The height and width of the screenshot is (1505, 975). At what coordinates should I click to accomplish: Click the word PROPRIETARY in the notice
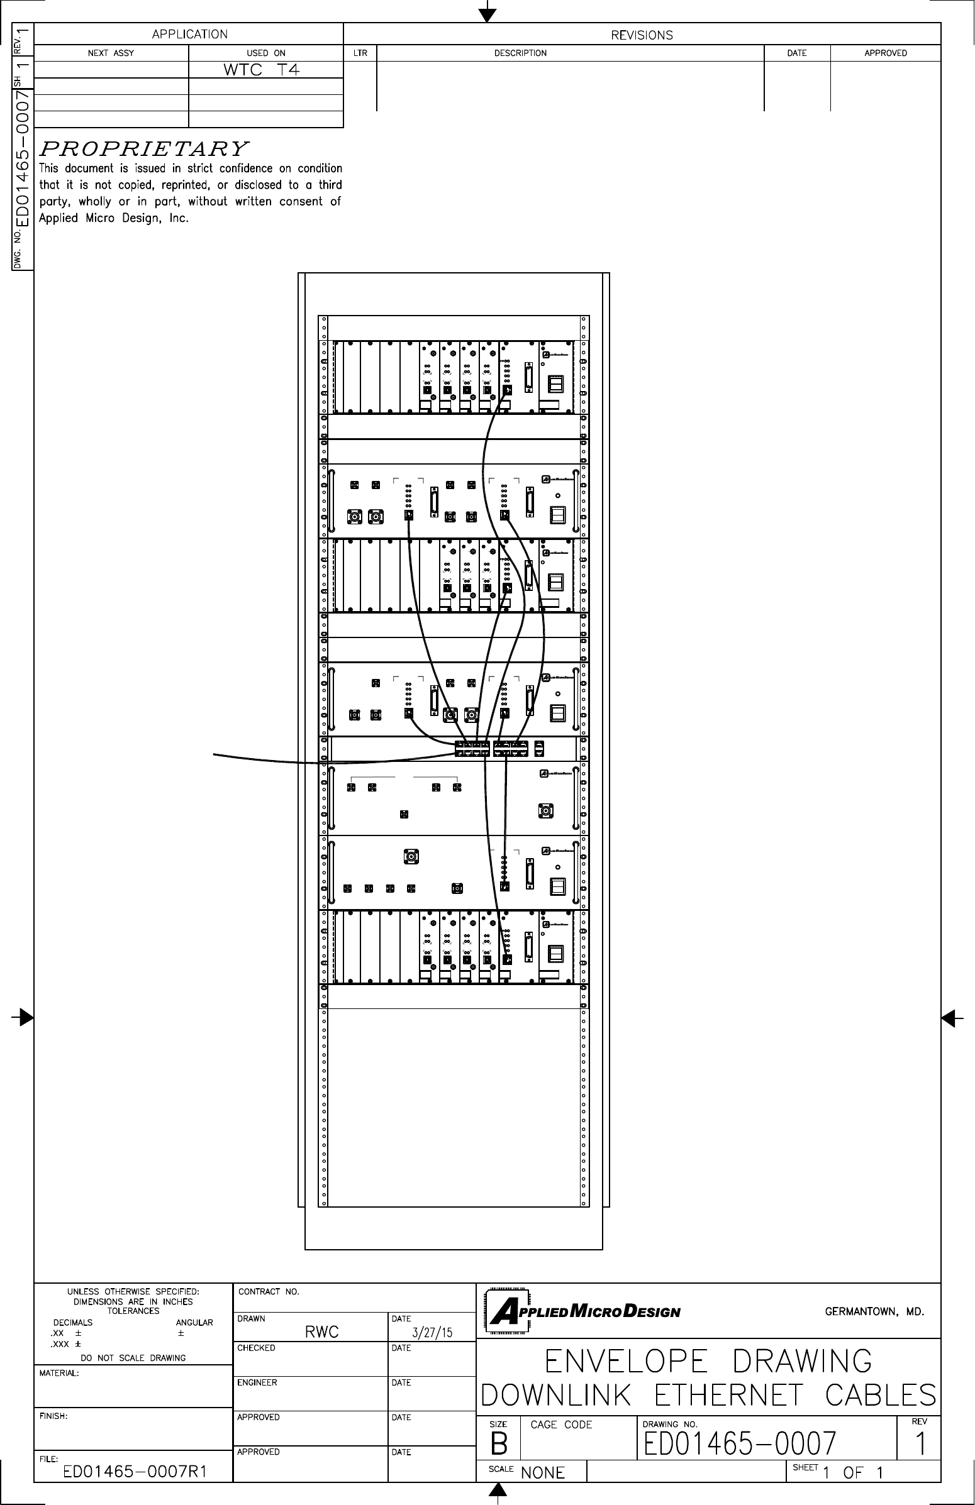click(143, 149)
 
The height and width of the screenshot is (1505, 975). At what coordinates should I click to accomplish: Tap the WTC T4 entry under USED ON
click(261, 70)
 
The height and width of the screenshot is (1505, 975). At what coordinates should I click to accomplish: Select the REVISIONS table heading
click(642, 35)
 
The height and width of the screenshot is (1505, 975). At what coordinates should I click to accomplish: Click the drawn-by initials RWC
click(322, 1332)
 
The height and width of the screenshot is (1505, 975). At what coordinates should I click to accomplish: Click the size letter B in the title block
click(499, 1444)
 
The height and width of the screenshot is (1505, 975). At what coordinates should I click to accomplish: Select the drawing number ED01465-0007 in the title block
click(740, 1443)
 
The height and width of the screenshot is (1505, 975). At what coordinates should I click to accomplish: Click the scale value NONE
click(543, 1473)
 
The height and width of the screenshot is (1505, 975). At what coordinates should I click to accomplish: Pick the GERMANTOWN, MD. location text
click(874, 1312)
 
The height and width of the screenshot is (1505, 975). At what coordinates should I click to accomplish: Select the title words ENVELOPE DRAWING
click(708, 1362)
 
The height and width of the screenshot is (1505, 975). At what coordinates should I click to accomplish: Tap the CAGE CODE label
click(561, 1425)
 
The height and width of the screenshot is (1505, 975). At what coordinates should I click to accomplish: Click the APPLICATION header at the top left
click(189, 34)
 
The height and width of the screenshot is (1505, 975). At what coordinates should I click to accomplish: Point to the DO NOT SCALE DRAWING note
click(133, 1358)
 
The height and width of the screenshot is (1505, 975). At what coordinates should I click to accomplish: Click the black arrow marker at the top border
click(487, 14)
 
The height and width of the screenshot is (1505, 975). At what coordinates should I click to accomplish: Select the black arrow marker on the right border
click(950, 1018)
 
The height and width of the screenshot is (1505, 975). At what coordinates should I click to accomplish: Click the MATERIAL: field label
click(59, 1374)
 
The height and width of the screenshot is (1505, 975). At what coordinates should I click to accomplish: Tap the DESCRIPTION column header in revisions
click(520, 53)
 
